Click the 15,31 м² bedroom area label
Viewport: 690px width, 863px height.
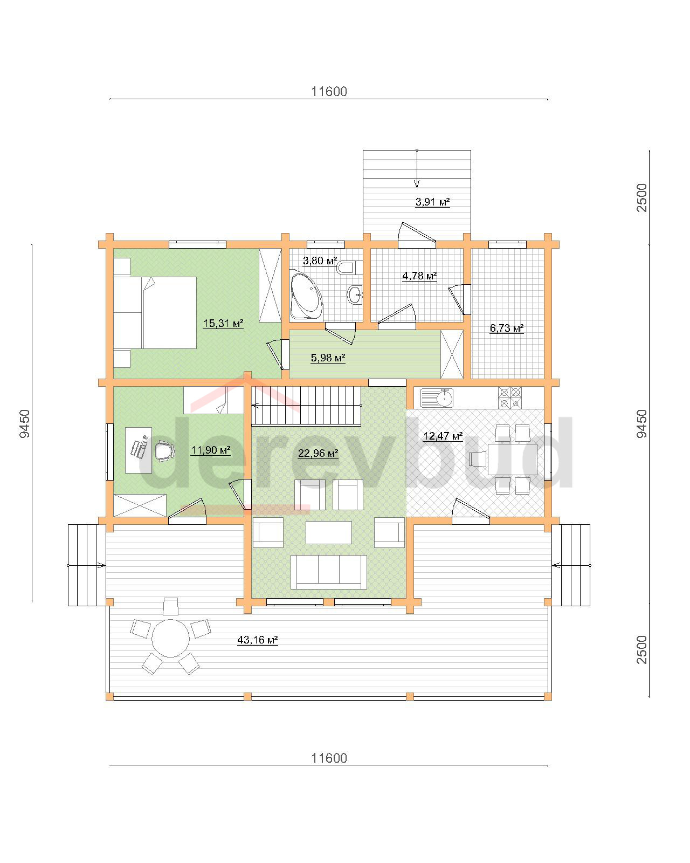223,323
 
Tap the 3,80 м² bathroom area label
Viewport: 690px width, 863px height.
320,261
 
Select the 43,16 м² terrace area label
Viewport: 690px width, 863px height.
257,640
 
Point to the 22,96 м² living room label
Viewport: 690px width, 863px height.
318,454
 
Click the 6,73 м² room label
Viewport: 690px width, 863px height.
506,328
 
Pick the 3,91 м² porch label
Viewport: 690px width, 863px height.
432,202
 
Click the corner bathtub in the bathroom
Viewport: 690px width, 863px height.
306,294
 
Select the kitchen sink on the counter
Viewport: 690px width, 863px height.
437,398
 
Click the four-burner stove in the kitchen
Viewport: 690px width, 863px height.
510,398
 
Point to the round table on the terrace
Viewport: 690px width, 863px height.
170,638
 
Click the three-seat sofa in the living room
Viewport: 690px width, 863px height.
328,572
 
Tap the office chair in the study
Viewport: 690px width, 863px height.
164,451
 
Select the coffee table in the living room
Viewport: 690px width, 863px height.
329,532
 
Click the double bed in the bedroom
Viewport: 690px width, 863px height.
155,312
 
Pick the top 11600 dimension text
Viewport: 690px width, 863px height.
329,92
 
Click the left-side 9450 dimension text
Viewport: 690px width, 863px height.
25,423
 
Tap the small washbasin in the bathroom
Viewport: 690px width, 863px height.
355,295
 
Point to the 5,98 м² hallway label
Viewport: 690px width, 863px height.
328,357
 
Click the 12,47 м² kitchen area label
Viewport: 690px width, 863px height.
443,435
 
